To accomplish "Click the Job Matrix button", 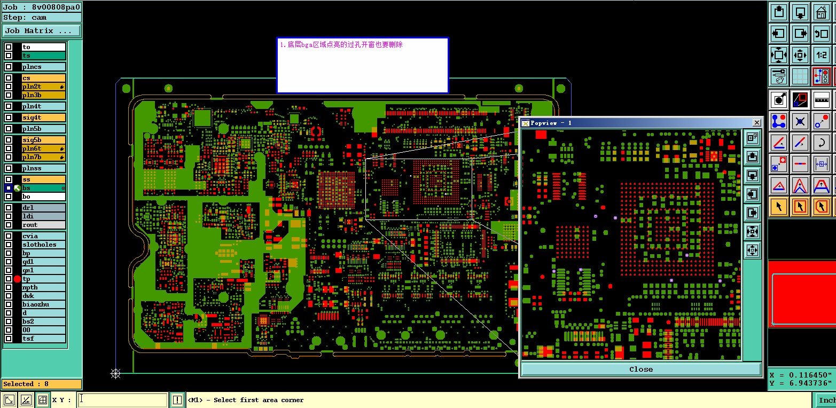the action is (42, 30).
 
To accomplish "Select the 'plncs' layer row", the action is (43, 67).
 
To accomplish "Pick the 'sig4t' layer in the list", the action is (43, 117).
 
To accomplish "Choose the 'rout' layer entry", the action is (43, 225).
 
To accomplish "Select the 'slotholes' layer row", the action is (43, 245).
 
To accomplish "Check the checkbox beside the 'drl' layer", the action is (8, 207).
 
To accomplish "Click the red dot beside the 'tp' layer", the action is (17, 279).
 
